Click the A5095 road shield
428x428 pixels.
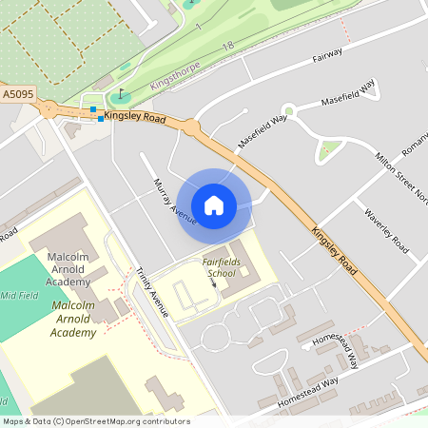(17, 95)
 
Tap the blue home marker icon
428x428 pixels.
(214, 204)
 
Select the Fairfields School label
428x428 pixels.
(220, 267)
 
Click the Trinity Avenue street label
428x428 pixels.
(151, 291)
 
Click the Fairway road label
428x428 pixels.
(327, 57)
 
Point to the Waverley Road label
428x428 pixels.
(386, 230)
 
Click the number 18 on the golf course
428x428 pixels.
(226, 46)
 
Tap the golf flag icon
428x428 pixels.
(121, 95)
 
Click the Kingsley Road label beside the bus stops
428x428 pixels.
(135, 116)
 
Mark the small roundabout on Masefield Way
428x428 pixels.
(289, 112)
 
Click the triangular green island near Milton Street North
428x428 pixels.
(329, 149)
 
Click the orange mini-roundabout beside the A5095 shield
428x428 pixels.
(49, 108)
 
